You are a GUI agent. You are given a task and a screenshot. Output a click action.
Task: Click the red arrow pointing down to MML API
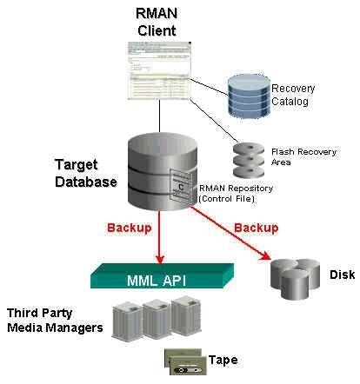(160, 239)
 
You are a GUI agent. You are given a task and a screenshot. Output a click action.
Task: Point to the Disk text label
(342, 275)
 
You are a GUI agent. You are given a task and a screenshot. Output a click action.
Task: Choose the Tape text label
(223, 360)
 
